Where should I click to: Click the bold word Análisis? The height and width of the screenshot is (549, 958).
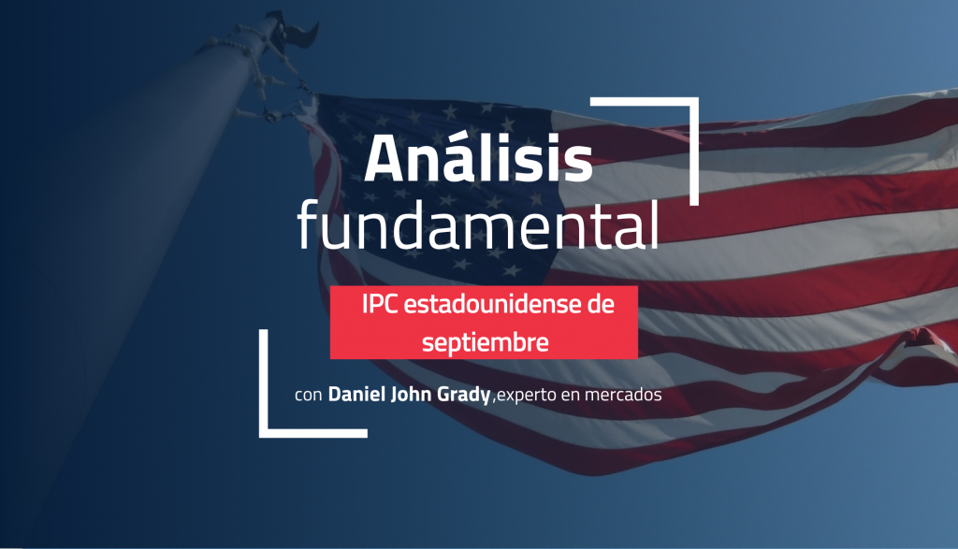[478, 157]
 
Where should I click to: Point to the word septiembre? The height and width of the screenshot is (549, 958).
[486, 342]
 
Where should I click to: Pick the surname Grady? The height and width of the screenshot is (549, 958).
[464, 395]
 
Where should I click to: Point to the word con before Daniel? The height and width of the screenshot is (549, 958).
[309, 395]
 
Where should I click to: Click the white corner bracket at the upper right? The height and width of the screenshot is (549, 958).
[694, 102]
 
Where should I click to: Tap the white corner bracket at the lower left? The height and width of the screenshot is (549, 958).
[264, 433]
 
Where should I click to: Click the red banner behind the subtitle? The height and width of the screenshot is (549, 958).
[484, 323]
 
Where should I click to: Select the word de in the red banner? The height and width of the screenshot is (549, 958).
[601, 304]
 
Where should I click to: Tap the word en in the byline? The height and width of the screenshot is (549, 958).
[570, 397]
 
